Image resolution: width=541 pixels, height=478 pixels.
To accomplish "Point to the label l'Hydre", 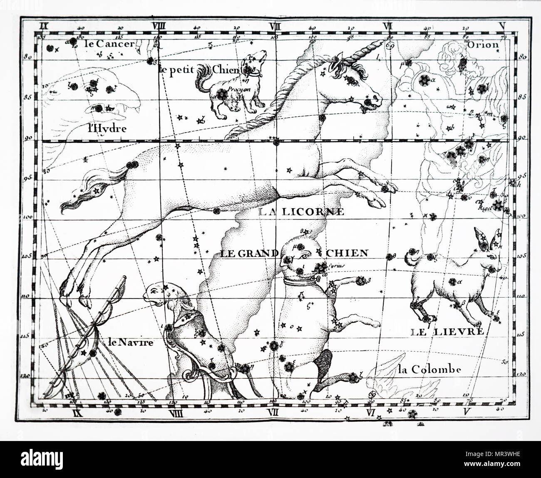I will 107,128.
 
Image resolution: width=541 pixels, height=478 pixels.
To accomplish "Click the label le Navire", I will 130,342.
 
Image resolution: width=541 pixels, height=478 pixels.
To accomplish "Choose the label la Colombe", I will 429,369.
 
